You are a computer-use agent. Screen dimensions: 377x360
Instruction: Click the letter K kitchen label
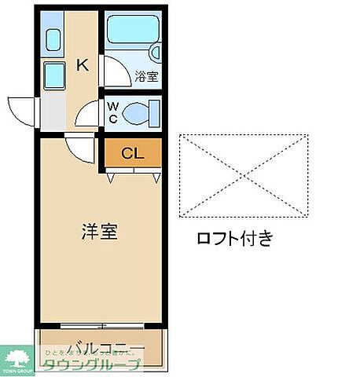pyautogui.click(x=81, y=65)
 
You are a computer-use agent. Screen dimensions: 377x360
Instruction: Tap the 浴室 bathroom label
pyautogui.click(x=146, y=76)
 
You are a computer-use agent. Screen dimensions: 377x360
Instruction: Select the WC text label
pyautogui.click(x=112, y=112)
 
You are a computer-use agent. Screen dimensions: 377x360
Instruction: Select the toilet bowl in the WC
pyautogui.click(x=141, y=113)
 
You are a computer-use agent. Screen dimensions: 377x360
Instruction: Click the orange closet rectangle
pyautogui.click(x=132, y=153)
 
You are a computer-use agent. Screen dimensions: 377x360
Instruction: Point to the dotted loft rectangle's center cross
pyautogui.click(x=243, y=174)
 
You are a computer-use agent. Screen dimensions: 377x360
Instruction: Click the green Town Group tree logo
pyautogui.click(x=19, y=357)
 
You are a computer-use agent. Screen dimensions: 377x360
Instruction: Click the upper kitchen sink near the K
pyautogui.click(x=53, y=39)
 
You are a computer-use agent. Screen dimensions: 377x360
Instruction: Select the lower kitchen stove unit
pyautogui.click(x=53, y=75)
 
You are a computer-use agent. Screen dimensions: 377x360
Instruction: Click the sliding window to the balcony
pyautogui.click(x=101, y=324)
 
